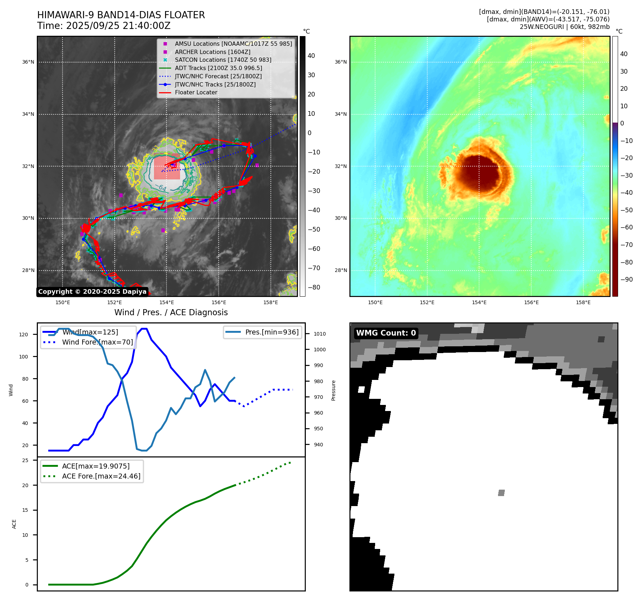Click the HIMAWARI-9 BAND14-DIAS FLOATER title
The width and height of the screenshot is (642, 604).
(121, 15)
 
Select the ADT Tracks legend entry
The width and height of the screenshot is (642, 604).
(218, 68)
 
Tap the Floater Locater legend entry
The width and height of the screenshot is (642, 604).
(196, 93)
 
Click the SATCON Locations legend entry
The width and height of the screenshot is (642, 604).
(223, 60)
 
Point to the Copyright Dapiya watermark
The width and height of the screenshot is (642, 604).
(92, 292)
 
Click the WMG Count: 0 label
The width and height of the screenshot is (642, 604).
(386, 333)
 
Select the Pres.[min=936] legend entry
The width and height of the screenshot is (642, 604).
(272, 332)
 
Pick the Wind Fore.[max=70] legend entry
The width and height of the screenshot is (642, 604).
(97, 342)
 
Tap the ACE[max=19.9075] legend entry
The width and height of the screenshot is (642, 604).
(96, 466)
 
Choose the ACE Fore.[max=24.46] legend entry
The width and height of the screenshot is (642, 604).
(101, 476)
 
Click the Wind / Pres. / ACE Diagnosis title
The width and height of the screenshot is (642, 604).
(171, 312)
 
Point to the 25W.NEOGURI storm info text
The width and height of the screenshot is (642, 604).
(564, 27)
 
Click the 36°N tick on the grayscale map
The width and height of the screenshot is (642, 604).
(28, 62)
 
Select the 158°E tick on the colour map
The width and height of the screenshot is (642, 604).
(583, 302)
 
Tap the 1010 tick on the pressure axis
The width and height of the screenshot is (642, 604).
(320, 334)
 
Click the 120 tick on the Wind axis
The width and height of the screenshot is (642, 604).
(23, 335)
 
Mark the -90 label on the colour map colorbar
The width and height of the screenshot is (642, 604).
(626, 279)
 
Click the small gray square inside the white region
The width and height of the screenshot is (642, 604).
(501, 493)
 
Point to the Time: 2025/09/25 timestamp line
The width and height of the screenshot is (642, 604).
(104, 26)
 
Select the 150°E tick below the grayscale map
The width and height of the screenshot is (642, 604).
(63, 302)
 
